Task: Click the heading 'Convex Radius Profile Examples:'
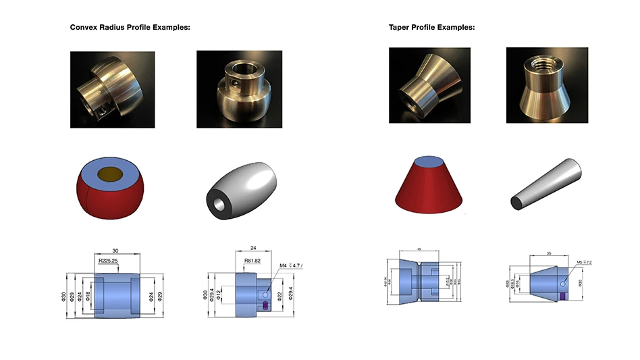pos(130,28)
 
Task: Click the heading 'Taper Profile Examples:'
pos(431,28)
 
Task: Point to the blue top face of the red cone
pos(428,161)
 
